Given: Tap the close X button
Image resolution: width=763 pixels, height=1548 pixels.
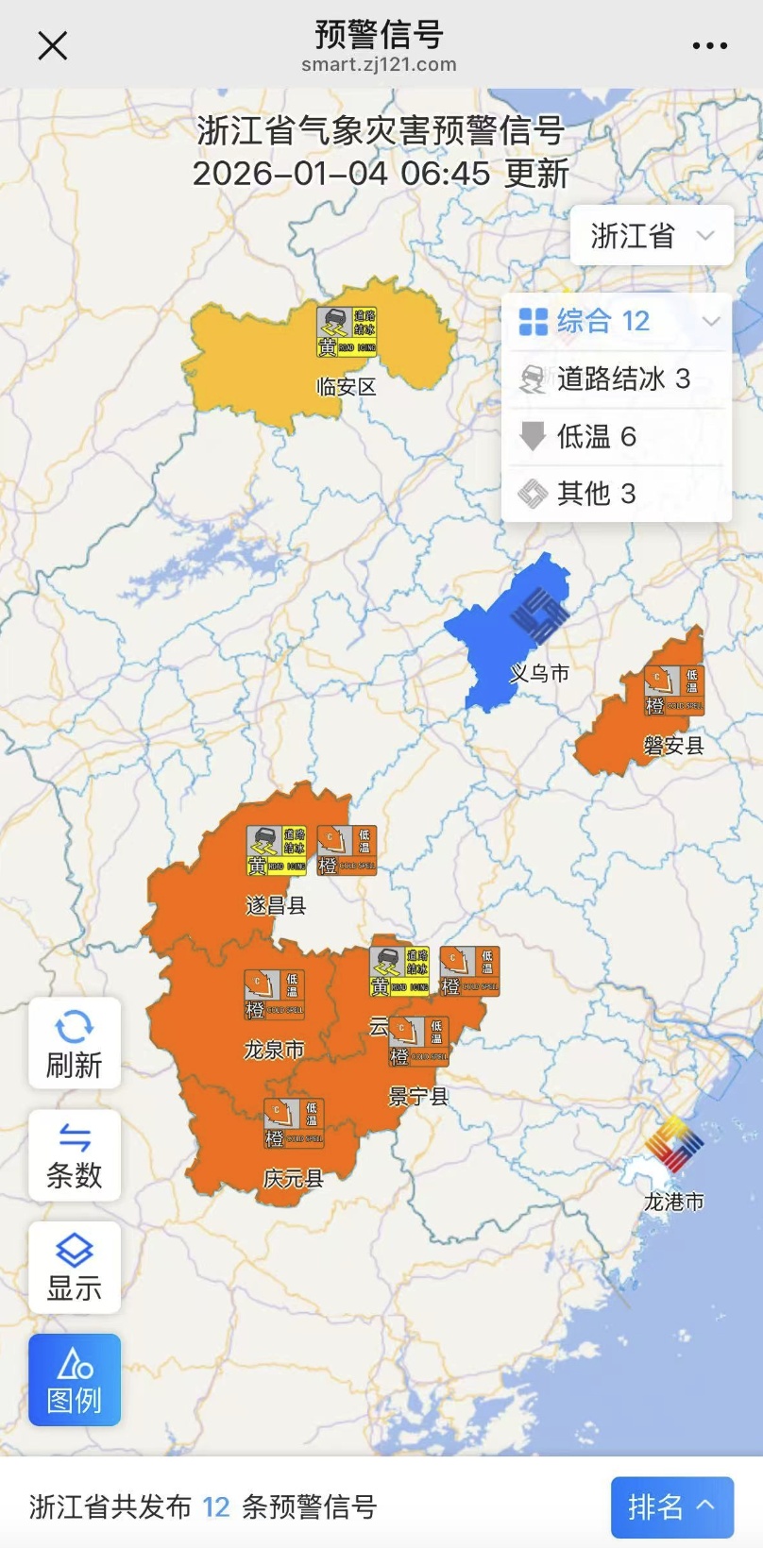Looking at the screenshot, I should pos(53,45).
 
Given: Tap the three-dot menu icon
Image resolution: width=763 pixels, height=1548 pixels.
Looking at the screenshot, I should pos(709,45).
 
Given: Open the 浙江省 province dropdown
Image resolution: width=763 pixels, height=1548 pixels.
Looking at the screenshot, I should pos(652,236).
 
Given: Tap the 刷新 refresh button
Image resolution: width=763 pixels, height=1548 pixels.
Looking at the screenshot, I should pos(75,1043).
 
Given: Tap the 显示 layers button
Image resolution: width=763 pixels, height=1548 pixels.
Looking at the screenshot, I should pos(75,1267).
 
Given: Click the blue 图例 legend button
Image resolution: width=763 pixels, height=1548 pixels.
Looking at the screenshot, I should pos(75,1379).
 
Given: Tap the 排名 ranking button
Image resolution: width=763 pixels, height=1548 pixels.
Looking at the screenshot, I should pos(671,1506).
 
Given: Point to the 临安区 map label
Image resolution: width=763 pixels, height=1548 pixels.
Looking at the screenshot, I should pos(346,386).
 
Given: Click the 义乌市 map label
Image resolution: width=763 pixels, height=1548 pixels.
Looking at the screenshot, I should pos(539,673).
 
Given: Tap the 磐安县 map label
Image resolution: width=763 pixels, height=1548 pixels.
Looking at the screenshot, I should pos(673,746).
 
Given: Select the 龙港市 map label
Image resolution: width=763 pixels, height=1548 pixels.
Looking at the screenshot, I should pos(673,1202).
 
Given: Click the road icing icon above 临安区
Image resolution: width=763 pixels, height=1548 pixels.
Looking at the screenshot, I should pos(347,332).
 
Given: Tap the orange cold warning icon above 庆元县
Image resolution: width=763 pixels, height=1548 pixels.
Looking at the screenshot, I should pos(294,1123).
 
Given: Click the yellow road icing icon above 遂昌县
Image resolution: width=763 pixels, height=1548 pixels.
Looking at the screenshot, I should pos(277,850).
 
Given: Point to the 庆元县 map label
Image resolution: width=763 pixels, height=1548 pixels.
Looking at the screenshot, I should pos(293,1178).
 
